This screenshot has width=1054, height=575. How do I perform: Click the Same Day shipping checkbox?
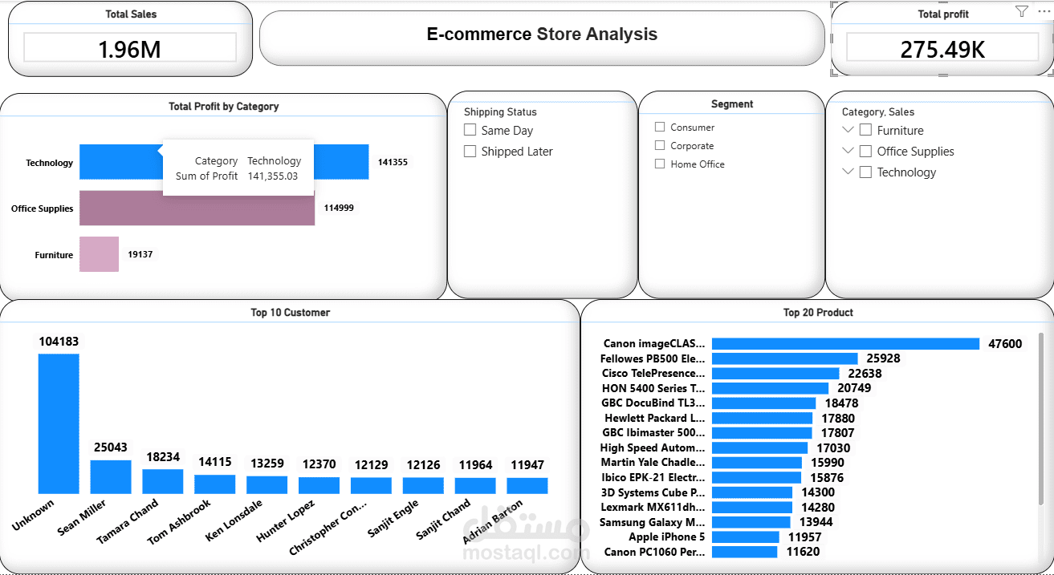pyautogui.click(x=470, y=130)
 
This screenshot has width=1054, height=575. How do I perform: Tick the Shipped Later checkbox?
pyautogui.click(x=470, y=151)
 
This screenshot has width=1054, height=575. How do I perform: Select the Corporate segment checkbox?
pyautogui.click(x=660, y=145)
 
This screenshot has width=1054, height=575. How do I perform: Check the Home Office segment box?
pyautogui.click(x=660, y=164)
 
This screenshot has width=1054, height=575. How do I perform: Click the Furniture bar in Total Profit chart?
pyautogui.click(x=99, y=254)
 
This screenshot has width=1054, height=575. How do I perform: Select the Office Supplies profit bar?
pyautogui.click(x=197, y=209)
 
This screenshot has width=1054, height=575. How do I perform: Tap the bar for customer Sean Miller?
pyautogui.click(x=111, y=476)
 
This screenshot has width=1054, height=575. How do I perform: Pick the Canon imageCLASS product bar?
pyautogui.click(x=845, y=344)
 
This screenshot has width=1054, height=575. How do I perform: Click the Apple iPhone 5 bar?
pyautogui.click(x=745, y=537)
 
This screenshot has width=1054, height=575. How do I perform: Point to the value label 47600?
pyautogui.click(x=1005, y=344)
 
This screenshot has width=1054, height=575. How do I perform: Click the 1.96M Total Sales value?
pyautogui.click(x=129, y=49)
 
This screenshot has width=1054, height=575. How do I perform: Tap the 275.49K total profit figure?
pyautogui.click(x=942, y=49)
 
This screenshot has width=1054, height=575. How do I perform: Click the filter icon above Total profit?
pyautogui.click(x=1021, y=11)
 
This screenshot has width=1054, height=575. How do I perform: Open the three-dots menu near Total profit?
pyautogui.click(x=1043, y=11)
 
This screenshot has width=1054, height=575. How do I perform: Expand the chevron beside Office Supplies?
pyautogui.click(x=848, y=151)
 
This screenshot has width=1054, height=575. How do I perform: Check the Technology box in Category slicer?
pyautogui.click(x=865, y=172)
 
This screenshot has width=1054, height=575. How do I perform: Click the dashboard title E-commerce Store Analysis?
pyautogui.click(x=542, y=34)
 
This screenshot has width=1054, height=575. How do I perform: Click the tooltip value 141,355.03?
pyautogui.click(x=272, y=176)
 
